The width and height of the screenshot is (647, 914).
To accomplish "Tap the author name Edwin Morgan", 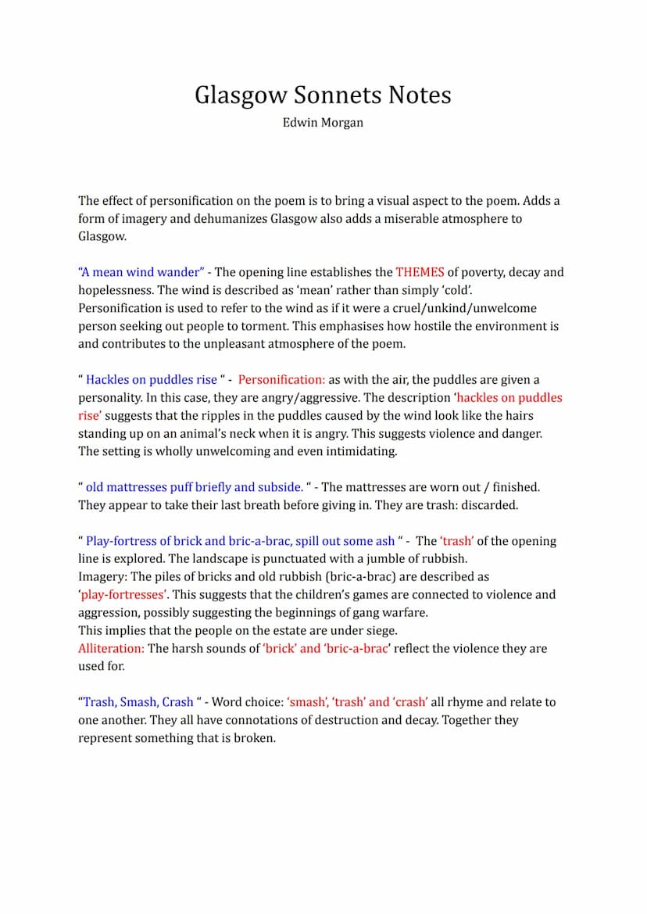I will (x=323, y=123).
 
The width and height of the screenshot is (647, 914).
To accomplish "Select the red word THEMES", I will (x=420, y=272).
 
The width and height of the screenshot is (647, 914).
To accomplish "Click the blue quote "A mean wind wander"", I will (x=141, y=272).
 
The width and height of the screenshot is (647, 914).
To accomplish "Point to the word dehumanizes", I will (x=231, y=218).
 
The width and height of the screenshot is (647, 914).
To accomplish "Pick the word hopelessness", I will (x=116, y=290).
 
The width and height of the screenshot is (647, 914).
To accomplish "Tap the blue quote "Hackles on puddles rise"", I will (x=151, y=380).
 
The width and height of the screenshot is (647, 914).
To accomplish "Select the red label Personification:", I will (x=281, y=380).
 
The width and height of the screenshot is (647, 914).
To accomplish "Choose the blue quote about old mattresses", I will (x=194, y=487).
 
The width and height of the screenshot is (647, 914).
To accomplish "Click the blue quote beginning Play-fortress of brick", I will (x=240, y=541).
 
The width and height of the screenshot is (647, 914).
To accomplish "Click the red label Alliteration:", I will (x=111, y=648).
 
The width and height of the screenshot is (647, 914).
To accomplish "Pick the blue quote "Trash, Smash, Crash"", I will (x=138, y=702).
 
